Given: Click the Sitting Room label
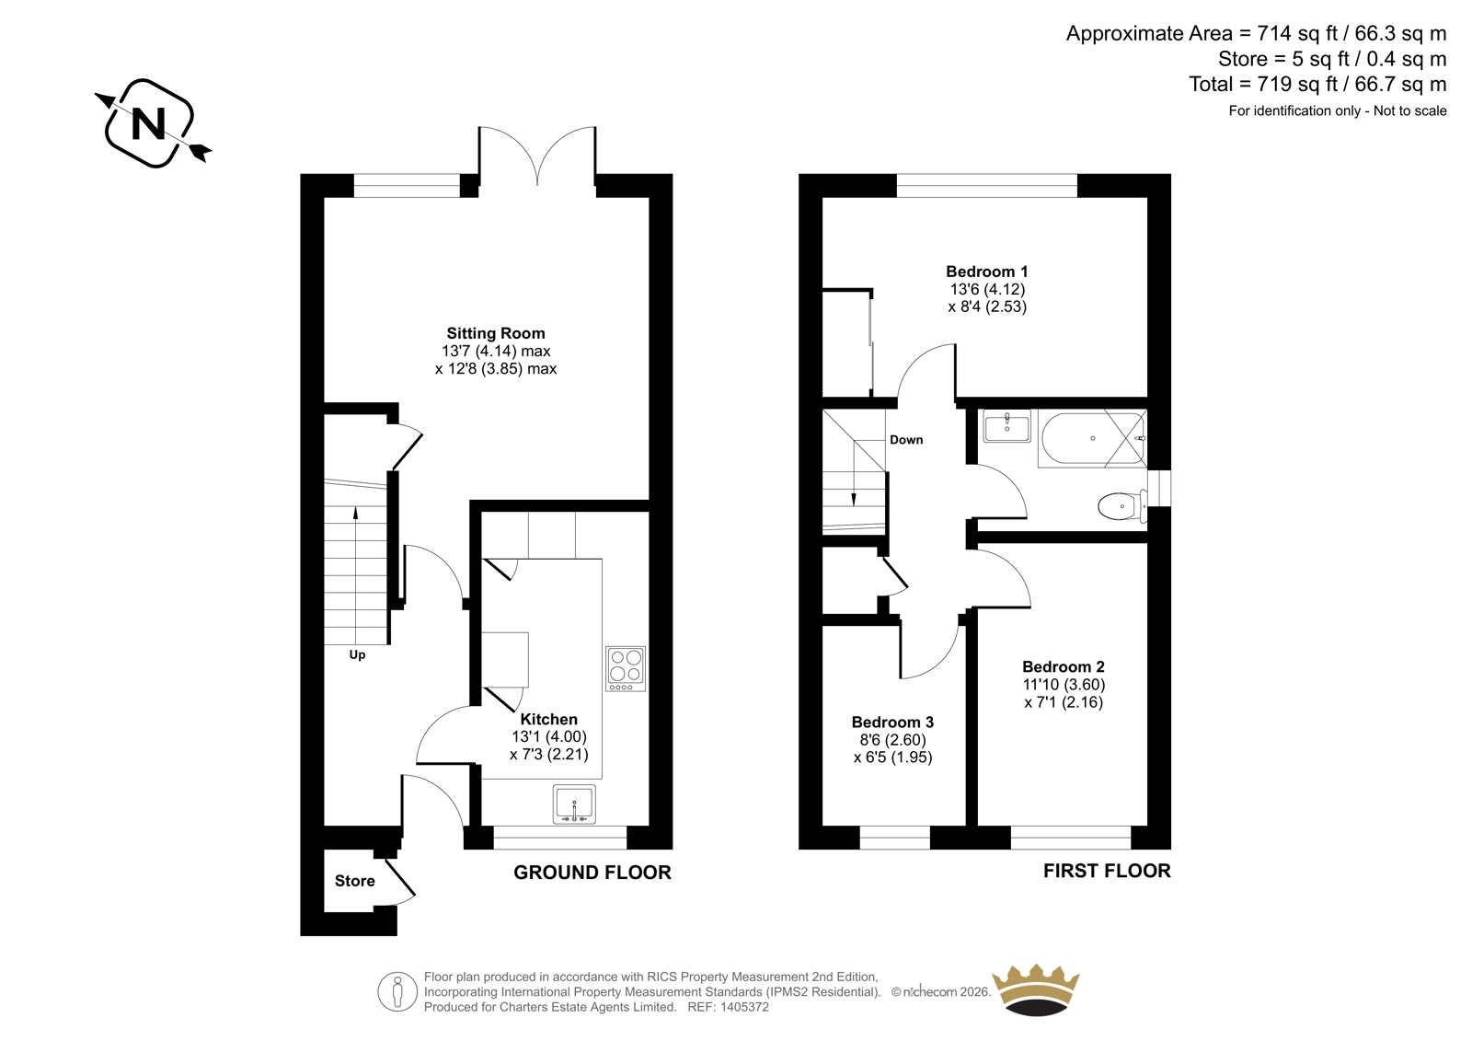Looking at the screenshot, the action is [x=496, y=333].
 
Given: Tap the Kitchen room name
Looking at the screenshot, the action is [x=548, y=720].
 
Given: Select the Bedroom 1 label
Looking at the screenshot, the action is [x=986, y=272].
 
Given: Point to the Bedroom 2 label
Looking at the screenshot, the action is [x=1064, y=666].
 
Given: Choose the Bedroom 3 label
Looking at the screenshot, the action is [x=892, y=722].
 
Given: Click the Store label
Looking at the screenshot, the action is [x=355, y=881].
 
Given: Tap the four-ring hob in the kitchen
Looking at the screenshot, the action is [x=626, y=669].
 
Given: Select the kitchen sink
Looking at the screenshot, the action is [x=574, y=804].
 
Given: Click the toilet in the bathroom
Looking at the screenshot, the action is [x=1122, y=505].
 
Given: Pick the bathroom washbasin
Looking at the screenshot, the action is [x=1006, y=425].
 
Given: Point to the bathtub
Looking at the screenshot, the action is [x=1092, y=439].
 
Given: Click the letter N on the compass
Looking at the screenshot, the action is [x=148, y=123].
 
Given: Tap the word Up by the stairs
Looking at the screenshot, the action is [x=357, y=655].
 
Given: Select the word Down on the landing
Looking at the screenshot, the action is [x=906, y=440].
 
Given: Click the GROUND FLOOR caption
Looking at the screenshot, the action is [x=592, y=873].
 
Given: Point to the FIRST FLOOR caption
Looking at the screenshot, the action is [x=1107, y=871].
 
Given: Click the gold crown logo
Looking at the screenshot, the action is [x=1036, y=989].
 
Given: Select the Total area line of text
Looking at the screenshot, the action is [x=1317, y=84].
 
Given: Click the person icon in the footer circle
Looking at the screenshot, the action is [x=397, y=991].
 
